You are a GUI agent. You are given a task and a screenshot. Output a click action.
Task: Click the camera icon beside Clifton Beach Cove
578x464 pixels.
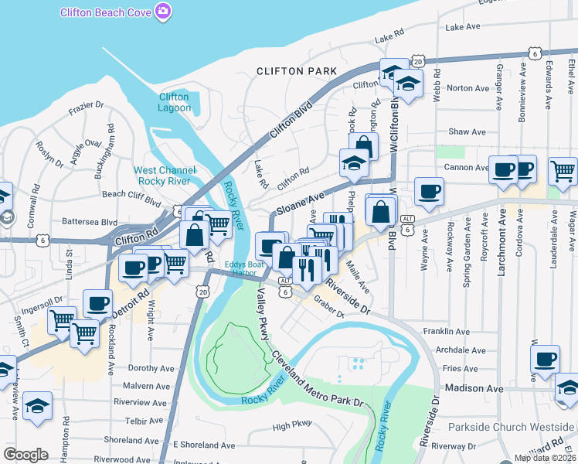pyautogui.click(x=163, y=12)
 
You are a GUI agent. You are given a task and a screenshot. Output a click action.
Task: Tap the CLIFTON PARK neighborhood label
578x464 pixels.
pyautogui.click(x=297, y=71)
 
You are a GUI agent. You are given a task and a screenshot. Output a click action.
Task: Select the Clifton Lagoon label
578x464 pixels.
pyautogui.click(x=174, y=102)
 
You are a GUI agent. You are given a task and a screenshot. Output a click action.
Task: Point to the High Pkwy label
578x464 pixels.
pyautogui.click(x=292, y=425)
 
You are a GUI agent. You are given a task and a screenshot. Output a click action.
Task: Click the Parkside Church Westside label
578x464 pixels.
pyautogui.click(x=512, y=427)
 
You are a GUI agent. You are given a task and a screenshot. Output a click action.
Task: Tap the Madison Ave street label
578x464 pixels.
pyautogui.click(x=474, y=387)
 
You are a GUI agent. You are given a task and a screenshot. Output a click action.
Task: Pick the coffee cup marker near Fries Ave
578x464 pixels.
pyautogui.click(x=545, y=359)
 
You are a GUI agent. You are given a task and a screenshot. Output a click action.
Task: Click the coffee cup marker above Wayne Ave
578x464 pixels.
pyautogui.click(x=429, y=190)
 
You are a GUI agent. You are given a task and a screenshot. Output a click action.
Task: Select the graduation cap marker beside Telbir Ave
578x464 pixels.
pyautogui.click(x=37, y=407)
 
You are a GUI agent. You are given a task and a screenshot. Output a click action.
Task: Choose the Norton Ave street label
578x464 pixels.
pyautogui.click(x=468, y=88)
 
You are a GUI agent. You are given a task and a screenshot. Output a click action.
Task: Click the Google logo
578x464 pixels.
pyautogui.click(x=25, y=455)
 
